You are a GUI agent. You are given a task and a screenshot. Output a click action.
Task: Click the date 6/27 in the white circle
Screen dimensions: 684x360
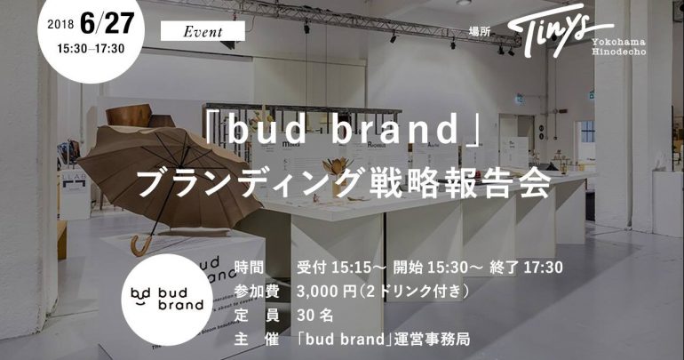pyautogui.click(x=107, y=23)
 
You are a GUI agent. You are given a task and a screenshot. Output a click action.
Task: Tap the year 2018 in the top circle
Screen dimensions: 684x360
pyautogui.click(x=60, y=24)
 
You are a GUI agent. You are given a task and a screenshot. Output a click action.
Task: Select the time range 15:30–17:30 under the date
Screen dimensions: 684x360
pyautogui.click(x=91, y=48)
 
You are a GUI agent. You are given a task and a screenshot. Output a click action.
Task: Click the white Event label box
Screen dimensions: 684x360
pyautogui.click(x=203, y=31)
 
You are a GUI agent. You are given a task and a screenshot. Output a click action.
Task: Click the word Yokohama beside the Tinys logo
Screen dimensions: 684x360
pyautogui.click(x=618, y=43)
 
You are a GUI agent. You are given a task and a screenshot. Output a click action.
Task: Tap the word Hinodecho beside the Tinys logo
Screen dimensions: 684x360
pyautogui.click(x=618, y=52)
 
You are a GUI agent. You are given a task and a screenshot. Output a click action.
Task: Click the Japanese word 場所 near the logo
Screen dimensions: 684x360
pyautogui.click(x=479, y=31)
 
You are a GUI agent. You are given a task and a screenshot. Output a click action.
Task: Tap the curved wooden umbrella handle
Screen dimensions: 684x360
pyautogui.click(x=141, y=246)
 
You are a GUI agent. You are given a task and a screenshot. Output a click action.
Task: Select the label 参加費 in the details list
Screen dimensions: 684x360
pyautogui.click(x=257, y=291)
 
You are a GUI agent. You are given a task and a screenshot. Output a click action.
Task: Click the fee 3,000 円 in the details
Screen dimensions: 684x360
pyautogui.click(x=327, y=291)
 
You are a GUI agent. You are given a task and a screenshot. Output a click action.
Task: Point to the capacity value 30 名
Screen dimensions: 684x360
pyautogui.click(x=315, y=315)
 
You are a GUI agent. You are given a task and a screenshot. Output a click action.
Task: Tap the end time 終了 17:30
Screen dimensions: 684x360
pyautogui.click(x=526, y=267)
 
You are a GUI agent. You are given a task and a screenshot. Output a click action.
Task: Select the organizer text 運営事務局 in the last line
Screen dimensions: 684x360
pyautogui.click(x=432, y=339)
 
